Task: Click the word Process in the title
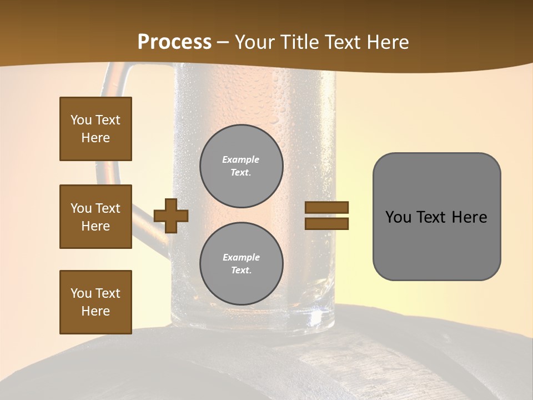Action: (x=174, y=42)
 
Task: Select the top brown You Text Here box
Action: (x=95, y=129)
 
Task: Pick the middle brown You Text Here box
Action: (x=95, y=217)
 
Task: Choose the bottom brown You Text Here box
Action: (x=95, y=302)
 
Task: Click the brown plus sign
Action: (x=171, y=215)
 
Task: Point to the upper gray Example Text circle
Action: (x=241, y=166)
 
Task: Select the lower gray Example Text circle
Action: (x=241, y=263)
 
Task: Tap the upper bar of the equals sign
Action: (x=326, y=208)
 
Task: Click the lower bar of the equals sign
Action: (x=326, y=223)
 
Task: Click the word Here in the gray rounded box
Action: (x=469, y=217)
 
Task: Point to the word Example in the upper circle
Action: (x=241, y=159)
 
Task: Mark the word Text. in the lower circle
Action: (x=241, y=270)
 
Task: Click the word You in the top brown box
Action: (x=81, y=120)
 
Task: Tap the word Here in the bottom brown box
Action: (x=95, y=311)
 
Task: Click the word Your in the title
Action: (x=254, y=42)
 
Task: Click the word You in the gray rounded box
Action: (x=398, y=217)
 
